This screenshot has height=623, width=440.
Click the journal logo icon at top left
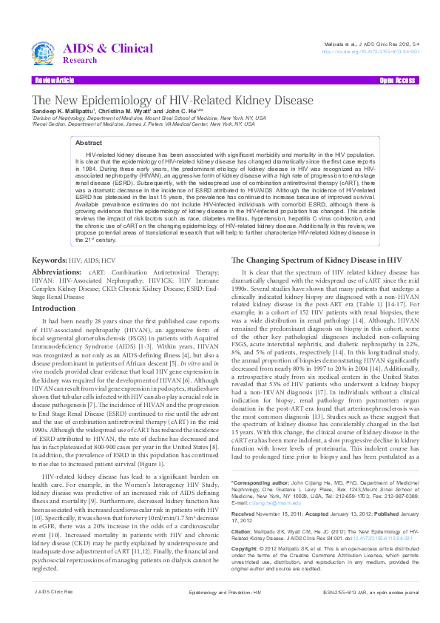(47, 52)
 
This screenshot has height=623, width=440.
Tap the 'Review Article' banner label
(54, 80)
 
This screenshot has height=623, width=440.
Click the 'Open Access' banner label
(396, 80)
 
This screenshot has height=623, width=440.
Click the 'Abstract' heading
(89, 142)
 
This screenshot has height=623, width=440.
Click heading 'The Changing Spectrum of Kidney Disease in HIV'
(317, 261)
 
